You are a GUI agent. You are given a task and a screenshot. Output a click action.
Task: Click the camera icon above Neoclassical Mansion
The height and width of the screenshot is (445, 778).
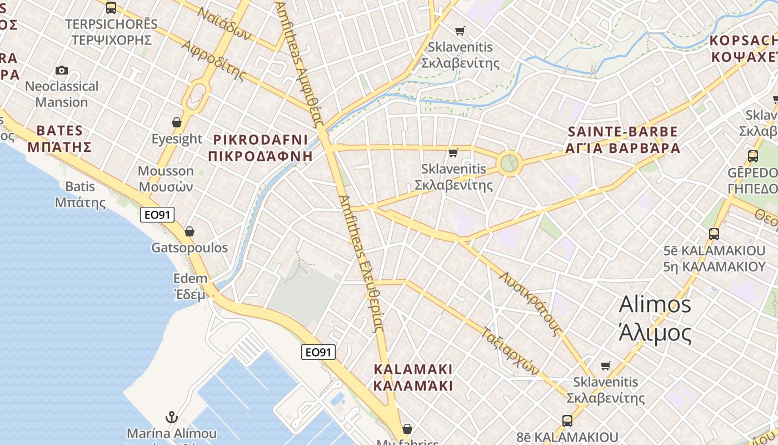pos(62,71)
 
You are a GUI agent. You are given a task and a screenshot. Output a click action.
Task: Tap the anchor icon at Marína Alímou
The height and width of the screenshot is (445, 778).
pos(172,417)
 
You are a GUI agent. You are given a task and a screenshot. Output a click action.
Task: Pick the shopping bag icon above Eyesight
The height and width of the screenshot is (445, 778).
pos(177,122)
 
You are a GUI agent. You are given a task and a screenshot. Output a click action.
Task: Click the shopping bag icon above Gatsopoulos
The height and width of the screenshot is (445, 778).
pos(189,231)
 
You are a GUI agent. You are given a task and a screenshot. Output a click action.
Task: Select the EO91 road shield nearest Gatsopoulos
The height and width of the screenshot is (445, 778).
pos(157,215)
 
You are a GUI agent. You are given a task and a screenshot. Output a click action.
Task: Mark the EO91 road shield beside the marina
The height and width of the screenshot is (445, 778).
pos(318,352)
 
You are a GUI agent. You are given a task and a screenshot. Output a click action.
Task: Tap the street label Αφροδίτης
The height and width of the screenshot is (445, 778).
pos(213,60)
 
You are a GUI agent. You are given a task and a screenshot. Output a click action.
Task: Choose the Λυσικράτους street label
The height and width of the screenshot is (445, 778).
pos(530,304)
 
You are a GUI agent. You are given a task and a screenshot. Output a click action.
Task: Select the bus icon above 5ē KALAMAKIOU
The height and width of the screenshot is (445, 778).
pos(714,234)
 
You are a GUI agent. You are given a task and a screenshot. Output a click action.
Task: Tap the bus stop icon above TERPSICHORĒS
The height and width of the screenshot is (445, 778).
pos(111,8)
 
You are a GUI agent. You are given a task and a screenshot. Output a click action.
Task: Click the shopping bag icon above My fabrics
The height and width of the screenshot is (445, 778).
pos(407,429)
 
